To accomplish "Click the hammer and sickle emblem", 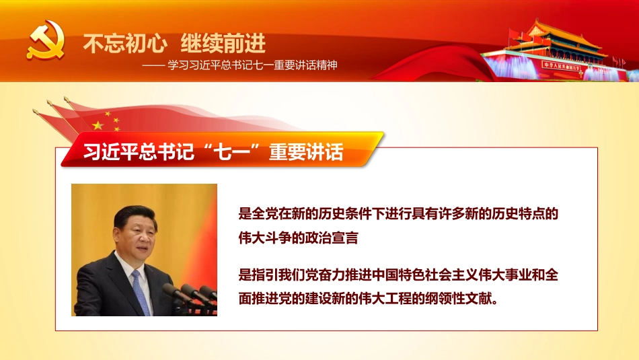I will (x=46, y=40).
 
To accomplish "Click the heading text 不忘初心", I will (x=124, y=44).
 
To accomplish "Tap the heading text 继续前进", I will (x=224, y=44).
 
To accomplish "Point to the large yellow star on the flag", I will (x=99, y=125).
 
